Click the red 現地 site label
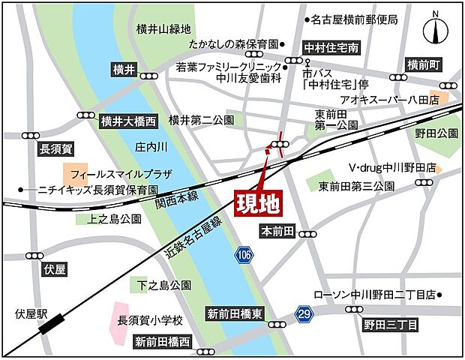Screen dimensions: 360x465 coord(255,203)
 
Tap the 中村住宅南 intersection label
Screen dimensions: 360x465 coord(331,47)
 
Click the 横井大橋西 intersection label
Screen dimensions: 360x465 coord(129,120)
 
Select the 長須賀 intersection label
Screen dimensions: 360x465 coord(56,150)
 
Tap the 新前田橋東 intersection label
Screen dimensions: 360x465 coord(234,314)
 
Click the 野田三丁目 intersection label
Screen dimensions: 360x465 coord(391,325)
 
